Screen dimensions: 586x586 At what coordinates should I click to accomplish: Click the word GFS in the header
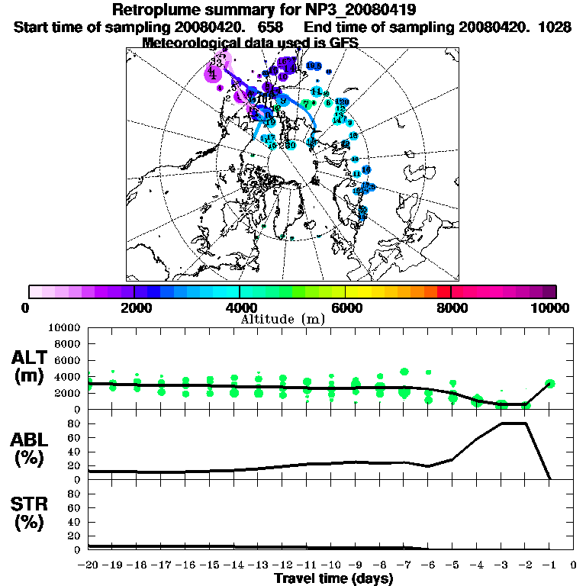click(343, 42)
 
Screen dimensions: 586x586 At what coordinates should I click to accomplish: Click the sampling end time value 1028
click(555, 27)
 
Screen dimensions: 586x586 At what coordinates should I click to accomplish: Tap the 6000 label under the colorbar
click(346, 307)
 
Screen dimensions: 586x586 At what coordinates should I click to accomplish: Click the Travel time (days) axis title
click(333, 579)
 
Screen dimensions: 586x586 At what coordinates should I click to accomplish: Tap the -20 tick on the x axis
click(89, 565)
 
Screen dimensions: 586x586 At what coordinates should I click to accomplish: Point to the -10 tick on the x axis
click(331, 565)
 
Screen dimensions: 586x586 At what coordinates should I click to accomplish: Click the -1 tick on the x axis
click(549, 565)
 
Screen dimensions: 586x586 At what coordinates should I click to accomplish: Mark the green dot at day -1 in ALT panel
click(550, 384)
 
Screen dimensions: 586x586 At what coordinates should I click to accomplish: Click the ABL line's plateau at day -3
click(501, 423)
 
